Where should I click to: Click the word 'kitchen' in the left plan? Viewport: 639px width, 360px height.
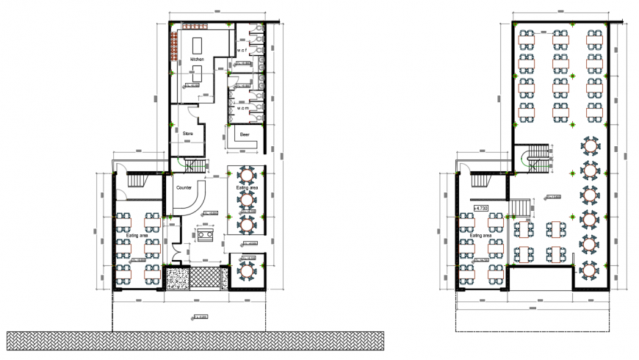click(197, 58)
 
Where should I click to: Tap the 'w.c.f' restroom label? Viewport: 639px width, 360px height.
click(242, 50)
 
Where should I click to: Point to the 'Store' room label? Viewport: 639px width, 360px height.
click(188, 133)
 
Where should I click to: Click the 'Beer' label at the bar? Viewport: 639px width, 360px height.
click(242, 135)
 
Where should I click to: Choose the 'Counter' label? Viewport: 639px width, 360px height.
click(184, 188)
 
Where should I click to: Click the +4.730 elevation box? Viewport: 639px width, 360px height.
click(483, 209)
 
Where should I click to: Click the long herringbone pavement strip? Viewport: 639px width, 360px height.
click(195, 340)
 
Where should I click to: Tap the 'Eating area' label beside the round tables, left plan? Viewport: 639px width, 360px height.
click(247, 188)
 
